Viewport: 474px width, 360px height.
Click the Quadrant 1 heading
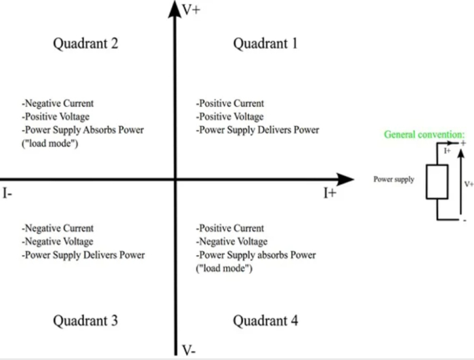click(265, 43)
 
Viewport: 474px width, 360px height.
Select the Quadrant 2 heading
click(85, 43)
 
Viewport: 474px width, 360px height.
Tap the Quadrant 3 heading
click(85, 321)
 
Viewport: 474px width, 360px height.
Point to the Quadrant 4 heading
click(265, 321)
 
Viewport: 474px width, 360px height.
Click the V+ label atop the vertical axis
click(191, 10)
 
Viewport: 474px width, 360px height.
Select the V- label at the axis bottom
click(189, 351)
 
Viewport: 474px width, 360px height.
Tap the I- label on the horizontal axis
click(7, 193)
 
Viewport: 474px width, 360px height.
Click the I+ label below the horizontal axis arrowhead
click(330, 193)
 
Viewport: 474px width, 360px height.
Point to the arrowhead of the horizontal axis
click(345, 179)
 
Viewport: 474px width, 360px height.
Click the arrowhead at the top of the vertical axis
click(175, 9)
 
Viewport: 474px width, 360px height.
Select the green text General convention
click(425, 135)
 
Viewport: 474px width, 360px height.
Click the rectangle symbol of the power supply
click(437, 182)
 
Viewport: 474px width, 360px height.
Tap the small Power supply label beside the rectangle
click(394, 179)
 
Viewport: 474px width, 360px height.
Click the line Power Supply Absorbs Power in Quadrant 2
click(83, 130)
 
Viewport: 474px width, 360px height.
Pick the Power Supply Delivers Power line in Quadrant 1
click(257, 130)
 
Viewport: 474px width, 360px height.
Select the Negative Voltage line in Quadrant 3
click(58, 242)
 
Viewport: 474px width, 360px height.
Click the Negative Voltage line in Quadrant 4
click(232, 242)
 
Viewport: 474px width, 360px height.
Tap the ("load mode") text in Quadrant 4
click(224, 268)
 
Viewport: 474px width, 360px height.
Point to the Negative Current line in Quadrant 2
click(58, 104)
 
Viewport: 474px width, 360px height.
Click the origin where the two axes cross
click(175, 179)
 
